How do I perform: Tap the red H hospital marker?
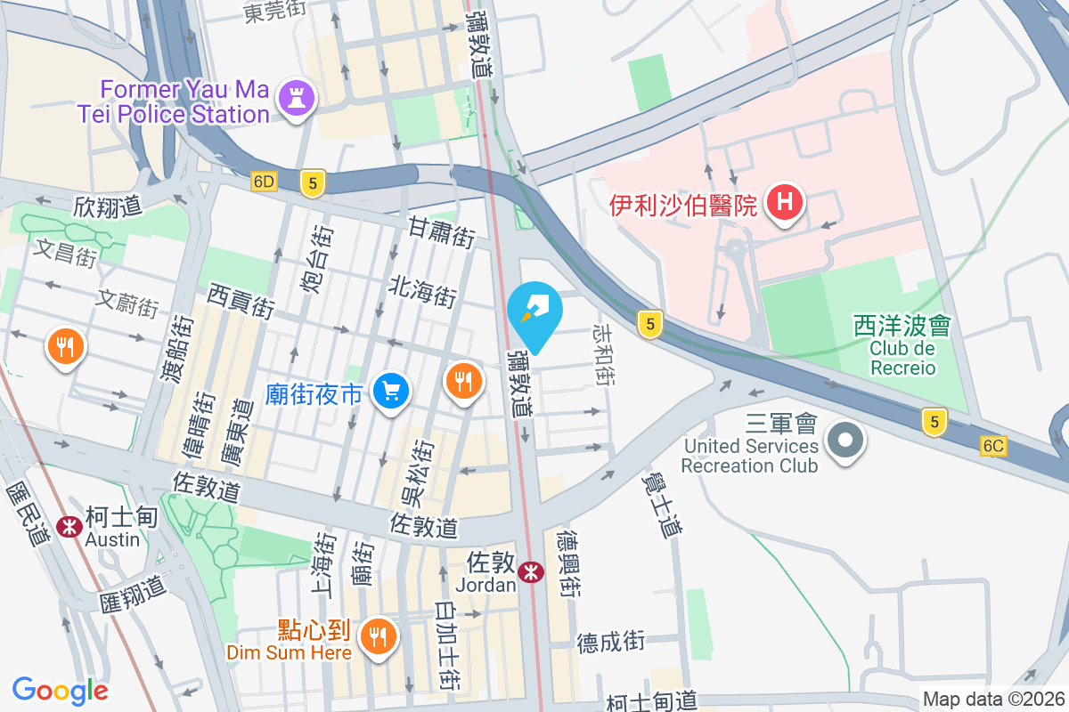click(x=784, y=202)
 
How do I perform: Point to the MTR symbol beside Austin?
click(x=69, y=526)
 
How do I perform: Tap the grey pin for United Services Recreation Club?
click(x=842, y=441)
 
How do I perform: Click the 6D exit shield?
click(x=265, y=182)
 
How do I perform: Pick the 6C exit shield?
click(x=994, y=445)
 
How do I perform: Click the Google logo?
click(x=61, y=691)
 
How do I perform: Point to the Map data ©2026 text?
click(x=992, y=700)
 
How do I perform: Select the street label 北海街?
click(x=422, y=289)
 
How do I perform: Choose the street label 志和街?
click(x=604, y=354)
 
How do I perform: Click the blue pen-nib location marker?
click(x=538, y=313)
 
